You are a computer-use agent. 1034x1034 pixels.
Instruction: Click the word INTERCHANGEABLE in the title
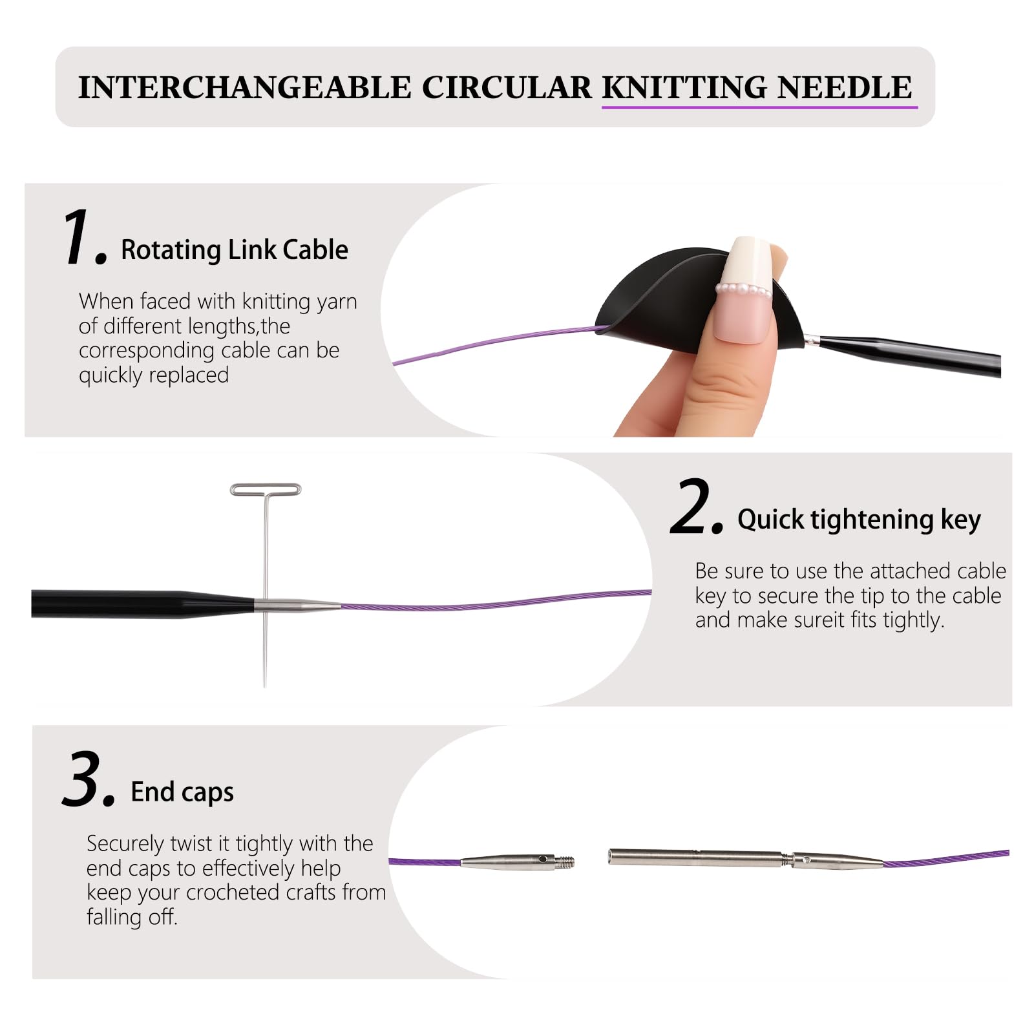pyautogui.click(x=244, y=87)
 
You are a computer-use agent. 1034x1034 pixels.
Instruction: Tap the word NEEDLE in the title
pyautogui.click(x=844, y=87)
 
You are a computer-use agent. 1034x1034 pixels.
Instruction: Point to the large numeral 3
pyautogui.click(x=88, y=779)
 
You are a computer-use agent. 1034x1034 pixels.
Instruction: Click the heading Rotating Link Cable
pyautogui.click(x=235, y=249)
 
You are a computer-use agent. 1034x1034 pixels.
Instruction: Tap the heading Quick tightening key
pyautogui.click(x=859, y=520)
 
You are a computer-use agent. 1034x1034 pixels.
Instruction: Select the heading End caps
pyautogui.click(x=182, y=792)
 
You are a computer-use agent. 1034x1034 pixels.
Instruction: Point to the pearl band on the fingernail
pyautogui.click(x=745, y=290)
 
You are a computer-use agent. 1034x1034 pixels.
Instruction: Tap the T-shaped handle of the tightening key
pyautogui.click(x=266, y=490)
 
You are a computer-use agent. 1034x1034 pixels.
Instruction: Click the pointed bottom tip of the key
pyautogui.click(x=265, y=686)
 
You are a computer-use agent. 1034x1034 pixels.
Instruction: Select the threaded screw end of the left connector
pyautogui.click(x=566, y=861)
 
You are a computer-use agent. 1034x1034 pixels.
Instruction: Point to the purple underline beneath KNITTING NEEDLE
pyautogui.click(x=760, y=107)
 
